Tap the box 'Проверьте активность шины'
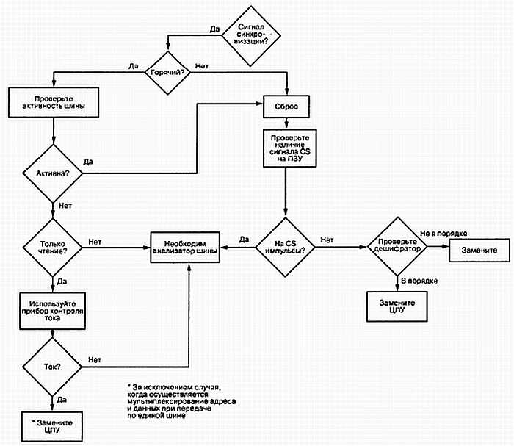(54, 101)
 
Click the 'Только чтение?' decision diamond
(53, 246)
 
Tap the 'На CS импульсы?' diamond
(286, 245)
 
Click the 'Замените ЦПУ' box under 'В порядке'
(397, 307)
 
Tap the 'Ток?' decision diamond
(52, 366)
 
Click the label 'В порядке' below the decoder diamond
(419, 281)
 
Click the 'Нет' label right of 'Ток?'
(94, 359)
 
